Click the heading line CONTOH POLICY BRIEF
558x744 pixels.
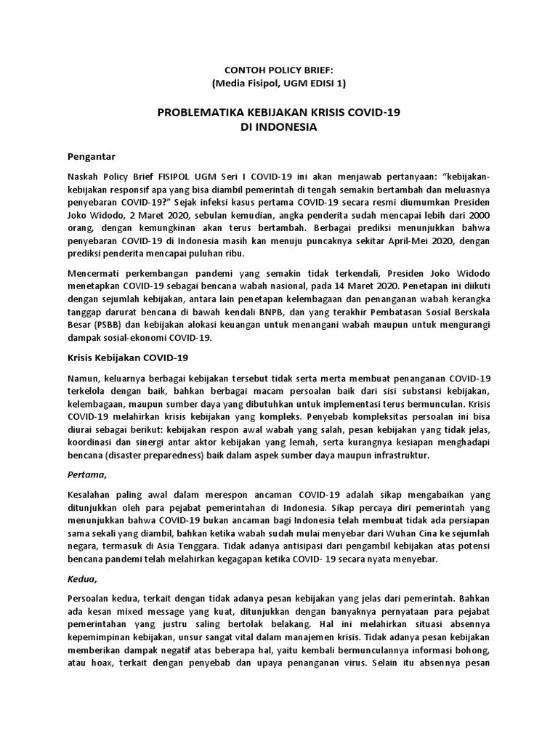[x=279, y=70]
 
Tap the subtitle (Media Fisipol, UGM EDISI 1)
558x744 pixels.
[x=279, y=84]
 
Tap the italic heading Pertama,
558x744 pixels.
[x=86, y=475]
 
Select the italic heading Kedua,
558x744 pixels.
[x=82, y=578]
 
